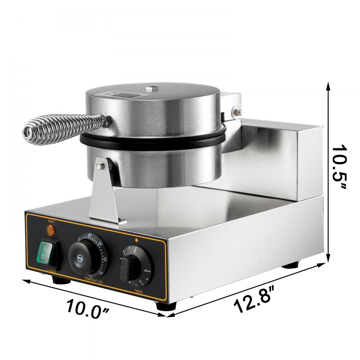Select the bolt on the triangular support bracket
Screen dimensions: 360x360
tap(101, 165)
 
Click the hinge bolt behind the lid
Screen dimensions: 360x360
tap(238, 111)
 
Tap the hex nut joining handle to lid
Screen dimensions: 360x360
tap(106, 119)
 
